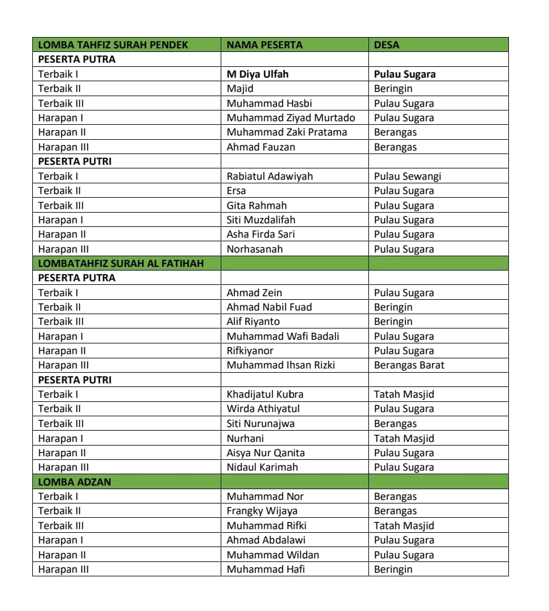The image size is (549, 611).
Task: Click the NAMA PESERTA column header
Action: [x=264, y=45]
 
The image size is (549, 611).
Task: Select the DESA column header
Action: [x=386, y=45]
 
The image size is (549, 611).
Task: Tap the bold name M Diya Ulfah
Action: [x=257, y=74]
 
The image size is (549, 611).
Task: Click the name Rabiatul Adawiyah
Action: [x=269, y=176]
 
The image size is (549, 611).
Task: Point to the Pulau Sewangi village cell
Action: [x=407, y=176]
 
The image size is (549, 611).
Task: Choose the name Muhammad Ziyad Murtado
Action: [x=291, y=118]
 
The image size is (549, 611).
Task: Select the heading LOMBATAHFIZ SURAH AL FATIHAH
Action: [x=121, y=263]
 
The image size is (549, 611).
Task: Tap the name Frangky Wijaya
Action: [x=261, y=511]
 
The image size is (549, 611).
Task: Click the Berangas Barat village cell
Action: [x=409, y=365]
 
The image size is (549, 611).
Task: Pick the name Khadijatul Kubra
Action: [x=265, y=394]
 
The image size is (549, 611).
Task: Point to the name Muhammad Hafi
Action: [x=266, y=569]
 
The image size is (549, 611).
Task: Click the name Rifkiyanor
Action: [x=250, y=351]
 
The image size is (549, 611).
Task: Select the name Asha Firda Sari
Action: [x=261, y=234]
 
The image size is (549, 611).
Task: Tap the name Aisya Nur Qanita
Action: [x=266, y=453]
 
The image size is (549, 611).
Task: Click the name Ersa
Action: [x=236, y=191]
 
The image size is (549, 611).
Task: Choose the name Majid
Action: [x=240, y=88]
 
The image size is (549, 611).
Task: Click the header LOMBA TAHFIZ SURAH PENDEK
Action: [x=113, y=45]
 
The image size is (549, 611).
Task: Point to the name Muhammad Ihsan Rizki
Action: [x=280, y=365]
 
